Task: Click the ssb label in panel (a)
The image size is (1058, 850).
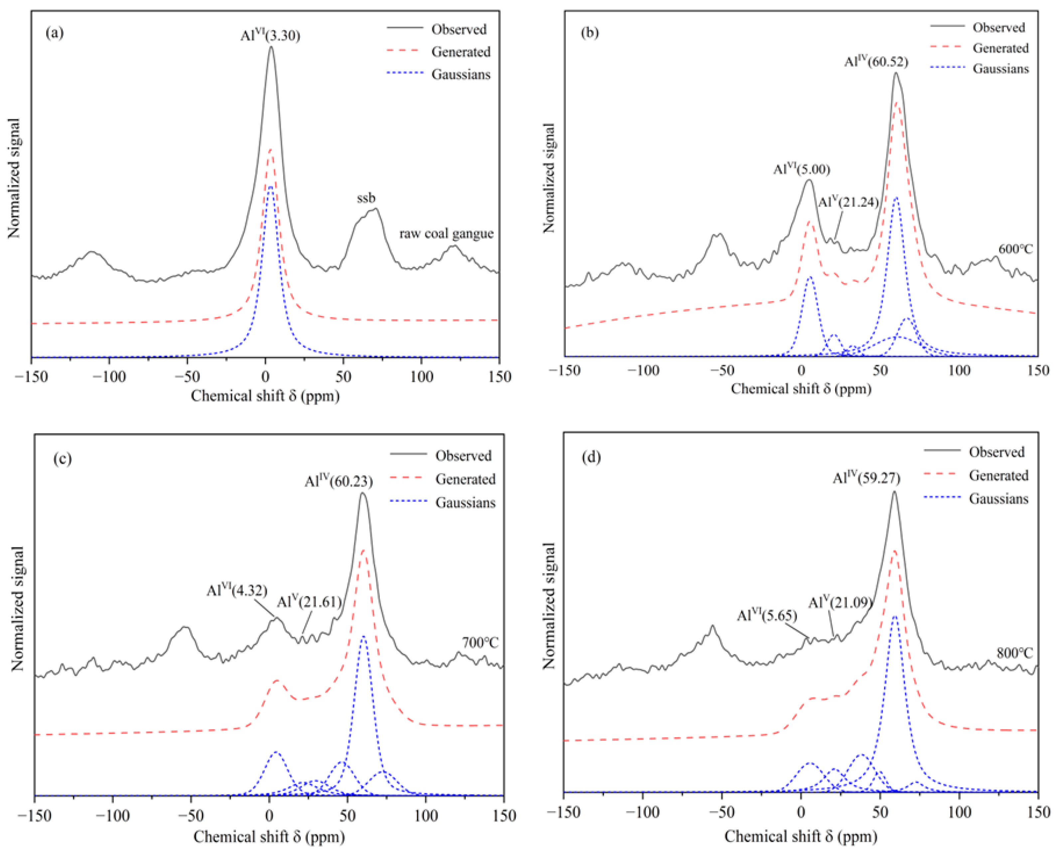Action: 366,198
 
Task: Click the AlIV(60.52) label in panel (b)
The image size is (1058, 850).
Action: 876,62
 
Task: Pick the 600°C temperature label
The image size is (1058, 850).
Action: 1015,249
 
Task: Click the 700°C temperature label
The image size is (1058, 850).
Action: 480,643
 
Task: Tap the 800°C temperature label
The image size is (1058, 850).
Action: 1014,653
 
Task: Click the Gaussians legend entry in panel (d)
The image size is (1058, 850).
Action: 998,499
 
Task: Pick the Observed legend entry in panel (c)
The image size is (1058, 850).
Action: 463,456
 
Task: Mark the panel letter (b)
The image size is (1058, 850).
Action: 590,33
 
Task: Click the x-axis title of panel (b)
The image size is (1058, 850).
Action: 801,389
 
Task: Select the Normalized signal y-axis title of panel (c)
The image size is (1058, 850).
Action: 18,608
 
